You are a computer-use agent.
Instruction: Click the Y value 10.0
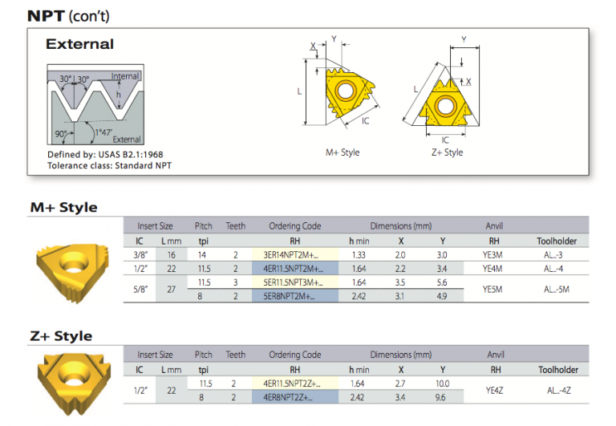[x=443, y=383]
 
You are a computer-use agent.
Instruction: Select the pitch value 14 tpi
[x=203, y=254]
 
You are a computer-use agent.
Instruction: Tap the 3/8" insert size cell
[x=140, y=254]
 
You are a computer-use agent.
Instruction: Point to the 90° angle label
[x=59, y=133]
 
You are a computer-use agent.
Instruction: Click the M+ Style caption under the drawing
[x=342, y=152]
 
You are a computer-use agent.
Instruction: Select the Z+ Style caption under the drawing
[x=446, y=152]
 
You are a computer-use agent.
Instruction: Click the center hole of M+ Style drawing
[x=346, y=91]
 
